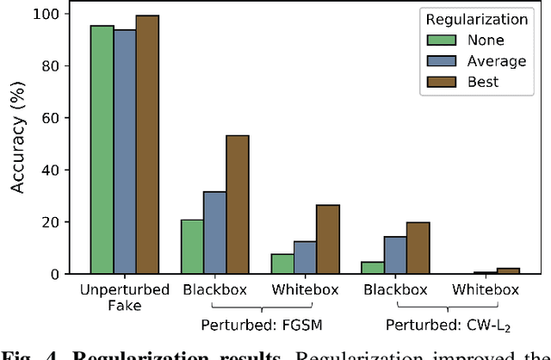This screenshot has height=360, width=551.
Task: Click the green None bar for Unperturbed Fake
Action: click(x=102, y=150)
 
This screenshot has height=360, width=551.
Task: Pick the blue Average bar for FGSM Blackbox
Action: click(x=214, y=233)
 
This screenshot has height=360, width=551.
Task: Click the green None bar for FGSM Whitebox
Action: click(x=282, y=264)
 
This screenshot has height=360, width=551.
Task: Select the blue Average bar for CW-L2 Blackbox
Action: click(x=394, y=255)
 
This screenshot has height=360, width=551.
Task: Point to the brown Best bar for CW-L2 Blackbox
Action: click(x=418, y=248)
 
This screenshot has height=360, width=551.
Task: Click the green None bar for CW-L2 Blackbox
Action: click(x=372, y=268)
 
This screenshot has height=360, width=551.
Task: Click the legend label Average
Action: click(x=496, y=61)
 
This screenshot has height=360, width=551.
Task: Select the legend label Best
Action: click(x=485, y=83)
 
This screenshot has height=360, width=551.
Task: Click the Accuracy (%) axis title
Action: click(x=18, y=144)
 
